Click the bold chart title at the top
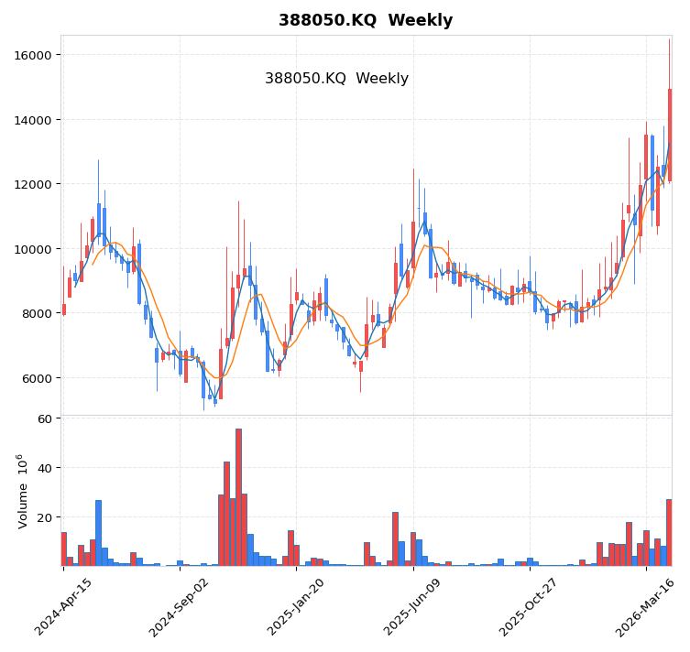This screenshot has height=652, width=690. coord(366,20)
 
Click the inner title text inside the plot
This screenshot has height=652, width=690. coord(336,79)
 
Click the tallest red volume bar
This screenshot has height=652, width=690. coord(238,497)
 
